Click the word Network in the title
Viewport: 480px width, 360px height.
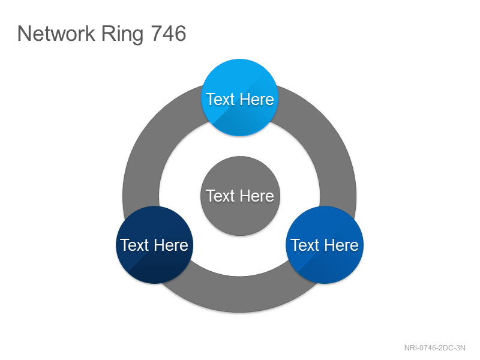(56, 34)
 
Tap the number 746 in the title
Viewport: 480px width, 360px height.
(169, 34)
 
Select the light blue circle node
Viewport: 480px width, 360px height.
(239, 97)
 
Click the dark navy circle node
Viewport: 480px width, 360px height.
(155, 245)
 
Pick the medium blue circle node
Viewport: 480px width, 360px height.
(325, 245)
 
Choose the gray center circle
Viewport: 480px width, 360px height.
(241, 196)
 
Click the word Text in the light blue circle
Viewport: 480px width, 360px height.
(220, 99)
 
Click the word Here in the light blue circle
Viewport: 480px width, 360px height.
(257, 99)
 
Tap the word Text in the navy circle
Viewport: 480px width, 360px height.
(134, 245)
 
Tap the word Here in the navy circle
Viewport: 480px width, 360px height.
(171, 245)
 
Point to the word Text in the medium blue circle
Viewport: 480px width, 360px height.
(305, 245)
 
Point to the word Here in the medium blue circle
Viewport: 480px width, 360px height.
(341, 245)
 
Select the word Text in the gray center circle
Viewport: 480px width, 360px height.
(220, 196)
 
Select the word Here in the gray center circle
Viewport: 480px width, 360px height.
(257, 196)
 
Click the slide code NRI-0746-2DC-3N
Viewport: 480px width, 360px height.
(434, 348)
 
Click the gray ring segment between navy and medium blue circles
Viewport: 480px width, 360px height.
(239, 295)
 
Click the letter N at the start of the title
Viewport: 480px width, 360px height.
(24, 34)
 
